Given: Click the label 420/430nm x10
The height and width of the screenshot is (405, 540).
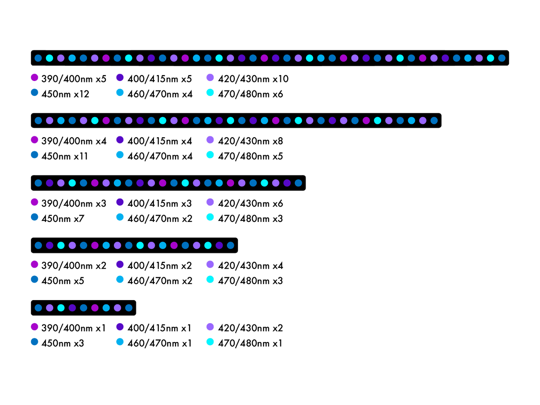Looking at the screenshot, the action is point(253,79).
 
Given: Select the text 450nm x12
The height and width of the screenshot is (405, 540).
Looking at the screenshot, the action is point(65,94).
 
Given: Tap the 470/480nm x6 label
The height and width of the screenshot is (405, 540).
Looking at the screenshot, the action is point(250,94).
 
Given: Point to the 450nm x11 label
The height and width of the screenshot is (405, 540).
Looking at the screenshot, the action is point(64,156).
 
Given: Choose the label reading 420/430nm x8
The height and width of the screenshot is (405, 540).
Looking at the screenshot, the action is point(250,141).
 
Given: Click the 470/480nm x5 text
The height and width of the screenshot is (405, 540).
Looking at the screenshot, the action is point(250,156).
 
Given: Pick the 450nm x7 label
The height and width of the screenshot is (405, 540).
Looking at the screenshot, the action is point(63,219).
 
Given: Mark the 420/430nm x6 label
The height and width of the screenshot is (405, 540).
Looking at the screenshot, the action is point(250,203).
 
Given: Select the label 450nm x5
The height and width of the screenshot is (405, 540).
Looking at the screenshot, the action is point(63,281).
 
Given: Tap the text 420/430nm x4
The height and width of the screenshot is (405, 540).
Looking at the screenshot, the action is point(250,266).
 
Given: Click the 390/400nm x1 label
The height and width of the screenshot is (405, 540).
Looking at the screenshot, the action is point(73,328).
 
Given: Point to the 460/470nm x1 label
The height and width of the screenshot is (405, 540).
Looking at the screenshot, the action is point(159,343).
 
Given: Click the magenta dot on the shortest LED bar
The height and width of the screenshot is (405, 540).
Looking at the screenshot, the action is point(94,308).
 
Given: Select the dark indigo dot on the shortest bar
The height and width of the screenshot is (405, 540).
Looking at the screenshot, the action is point(72,308).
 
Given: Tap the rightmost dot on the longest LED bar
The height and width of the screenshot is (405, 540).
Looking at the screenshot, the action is point(502,58).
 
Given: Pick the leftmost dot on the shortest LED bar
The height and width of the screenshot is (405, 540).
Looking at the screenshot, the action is point(38,308).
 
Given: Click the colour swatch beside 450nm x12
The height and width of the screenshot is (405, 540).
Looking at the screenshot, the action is point(35,92).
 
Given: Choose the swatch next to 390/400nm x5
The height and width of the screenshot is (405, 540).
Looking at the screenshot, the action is point(35,77).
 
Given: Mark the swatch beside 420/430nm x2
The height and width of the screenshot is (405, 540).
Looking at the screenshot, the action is point(210,327).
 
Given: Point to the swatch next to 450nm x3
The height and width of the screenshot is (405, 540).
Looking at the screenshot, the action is point(35,342).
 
